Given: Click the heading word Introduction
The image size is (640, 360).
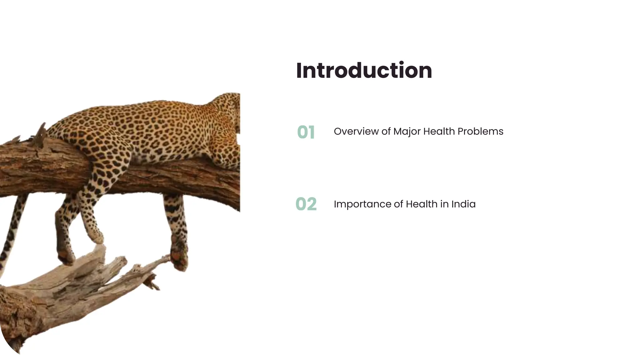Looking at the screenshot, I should pos(364,71).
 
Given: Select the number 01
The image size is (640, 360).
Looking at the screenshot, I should pos(306,132).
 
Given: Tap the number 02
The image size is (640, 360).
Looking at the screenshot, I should pos(306,204).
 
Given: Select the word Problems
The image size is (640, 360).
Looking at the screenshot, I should pos(480,131).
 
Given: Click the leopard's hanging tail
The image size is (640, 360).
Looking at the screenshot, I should pos(12,231).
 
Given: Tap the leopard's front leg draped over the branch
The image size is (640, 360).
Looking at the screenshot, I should pos(94,200).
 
